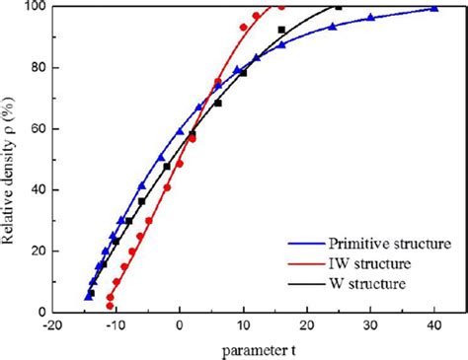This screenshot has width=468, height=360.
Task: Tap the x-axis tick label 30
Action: point(370,325)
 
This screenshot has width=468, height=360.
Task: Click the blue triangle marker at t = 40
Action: point(434,9)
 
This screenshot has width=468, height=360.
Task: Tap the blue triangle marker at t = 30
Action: point(370,17)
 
